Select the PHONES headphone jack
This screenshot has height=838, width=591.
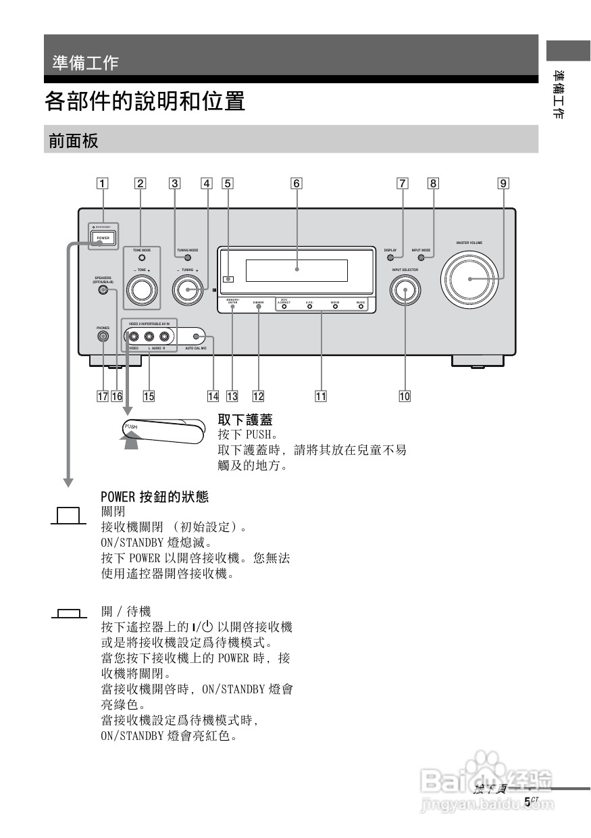tap(103, 336)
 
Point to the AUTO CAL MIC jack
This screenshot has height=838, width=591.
tap(197, 337)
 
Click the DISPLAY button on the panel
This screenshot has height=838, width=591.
tap(390, 257)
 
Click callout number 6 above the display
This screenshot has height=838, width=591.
tap(297, 182)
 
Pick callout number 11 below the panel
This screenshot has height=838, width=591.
tap(321, 396)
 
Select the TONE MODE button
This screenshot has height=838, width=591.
tap(141, 257)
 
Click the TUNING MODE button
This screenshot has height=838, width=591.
tap(188, 257)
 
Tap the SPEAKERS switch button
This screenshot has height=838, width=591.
tap(103, 291)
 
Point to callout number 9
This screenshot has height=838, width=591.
tap(504, 182)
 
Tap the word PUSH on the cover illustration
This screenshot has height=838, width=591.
tap(131, 427)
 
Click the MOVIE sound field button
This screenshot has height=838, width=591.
tap(335, 306)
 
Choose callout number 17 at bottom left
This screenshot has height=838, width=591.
tap(103, 396)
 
